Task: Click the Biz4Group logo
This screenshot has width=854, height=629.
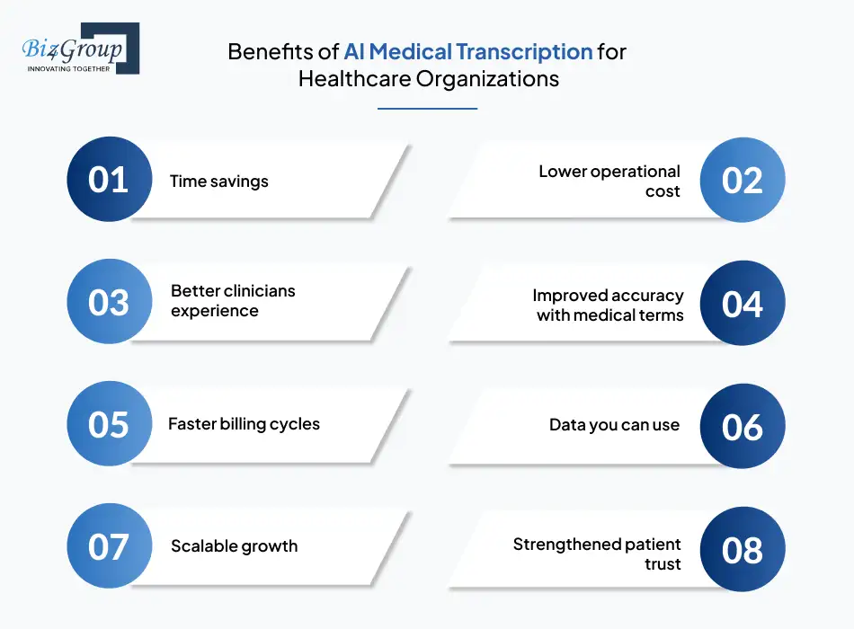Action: coord(81,49)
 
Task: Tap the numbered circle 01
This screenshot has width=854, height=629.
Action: coord(110,179)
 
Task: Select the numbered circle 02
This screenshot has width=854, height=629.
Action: coord(743,180)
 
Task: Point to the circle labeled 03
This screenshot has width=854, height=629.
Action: coord(110,301)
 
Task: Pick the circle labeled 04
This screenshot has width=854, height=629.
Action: coord(743,303)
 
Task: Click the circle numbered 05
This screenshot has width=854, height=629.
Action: coord(110,423)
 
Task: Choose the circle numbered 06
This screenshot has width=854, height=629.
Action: coord(743,426)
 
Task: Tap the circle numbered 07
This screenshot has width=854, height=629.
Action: coord(110,545)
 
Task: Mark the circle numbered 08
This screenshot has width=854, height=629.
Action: coord(743,549)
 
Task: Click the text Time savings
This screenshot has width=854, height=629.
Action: coord(219,182)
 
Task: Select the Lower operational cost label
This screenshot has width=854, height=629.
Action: coord(609,181)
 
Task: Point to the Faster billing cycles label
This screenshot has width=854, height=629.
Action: coord(244,424)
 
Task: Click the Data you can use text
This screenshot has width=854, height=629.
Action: coord(614,425)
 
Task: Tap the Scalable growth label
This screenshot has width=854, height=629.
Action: coord(235,546)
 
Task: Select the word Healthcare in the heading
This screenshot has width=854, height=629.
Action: coord(354,79)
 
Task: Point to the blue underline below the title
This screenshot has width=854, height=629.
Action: coord(428,109)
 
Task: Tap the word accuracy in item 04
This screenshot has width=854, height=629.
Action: coord(645,296)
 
